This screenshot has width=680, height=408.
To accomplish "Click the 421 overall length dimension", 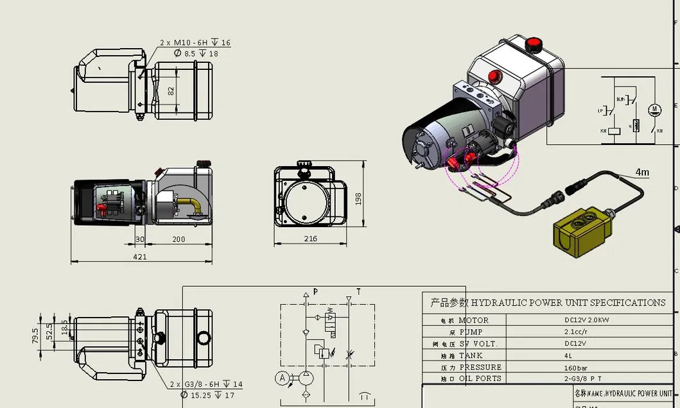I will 140,257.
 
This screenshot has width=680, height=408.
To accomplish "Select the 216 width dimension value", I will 310,239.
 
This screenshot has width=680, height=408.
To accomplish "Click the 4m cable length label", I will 641,172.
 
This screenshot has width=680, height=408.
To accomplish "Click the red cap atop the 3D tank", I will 532,45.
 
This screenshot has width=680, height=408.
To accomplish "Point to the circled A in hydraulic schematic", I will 282,378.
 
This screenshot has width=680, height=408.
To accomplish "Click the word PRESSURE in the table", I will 480,368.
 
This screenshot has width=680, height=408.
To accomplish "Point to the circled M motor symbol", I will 654,108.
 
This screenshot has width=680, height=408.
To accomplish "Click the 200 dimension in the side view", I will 178,239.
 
